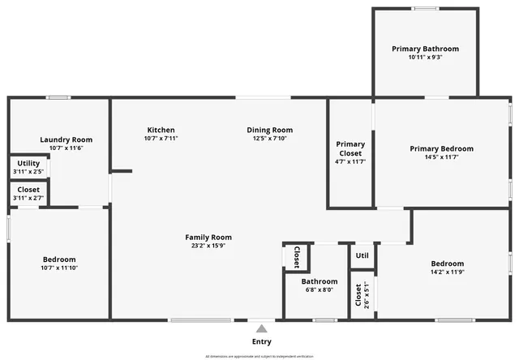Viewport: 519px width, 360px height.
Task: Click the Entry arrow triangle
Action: coord(261,328)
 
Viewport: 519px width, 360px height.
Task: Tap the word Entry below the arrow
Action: coord(261,342)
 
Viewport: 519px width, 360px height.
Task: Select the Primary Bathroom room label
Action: coord(425,49)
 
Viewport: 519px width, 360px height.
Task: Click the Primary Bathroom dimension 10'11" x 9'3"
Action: coord(425,58)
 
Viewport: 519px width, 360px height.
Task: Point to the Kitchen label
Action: coord(161,130)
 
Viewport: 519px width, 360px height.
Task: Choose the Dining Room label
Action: coord(269,130)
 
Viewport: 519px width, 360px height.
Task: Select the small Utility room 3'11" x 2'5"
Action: coord(28,167)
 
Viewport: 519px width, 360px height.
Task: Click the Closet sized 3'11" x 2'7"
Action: coord(28,193)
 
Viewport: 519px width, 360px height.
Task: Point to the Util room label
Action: coord(362,255)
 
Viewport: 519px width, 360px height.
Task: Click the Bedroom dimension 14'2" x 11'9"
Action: coord(447,272)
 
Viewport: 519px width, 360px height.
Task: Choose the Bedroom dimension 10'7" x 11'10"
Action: coord(60,268)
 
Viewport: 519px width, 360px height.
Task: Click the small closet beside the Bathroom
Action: coord(295,256)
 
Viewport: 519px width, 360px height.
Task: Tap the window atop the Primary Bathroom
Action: coord(425,9)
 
